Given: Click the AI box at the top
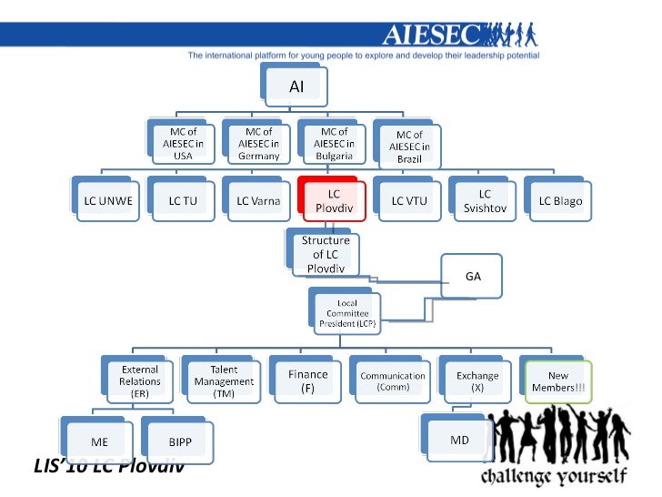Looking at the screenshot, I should coord(296,87).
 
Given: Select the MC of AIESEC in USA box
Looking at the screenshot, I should coord(183,144).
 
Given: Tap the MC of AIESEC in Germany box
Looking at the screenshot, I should coord(258,144).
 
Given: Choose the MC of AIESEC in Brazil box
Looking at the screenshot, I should coord(409,146).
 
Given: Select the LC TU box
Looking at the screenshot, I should coord(182,200).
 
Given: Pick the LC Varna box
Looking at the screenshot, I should coord(258,200).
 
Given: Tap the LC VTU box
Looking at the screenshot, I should coord(409,200).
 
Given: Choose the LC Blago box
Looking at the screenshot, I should coord(560,200).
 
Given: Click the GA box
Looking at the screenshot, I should coord(473,276).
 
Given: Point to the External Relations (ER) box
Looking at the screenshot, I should coord(139,381).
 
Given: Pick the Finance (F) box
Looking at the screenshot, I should coord(307,381).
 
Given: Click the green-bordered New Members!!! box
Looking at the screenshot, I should coord(559,381).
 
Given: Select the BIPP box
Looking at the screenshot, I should coord(180,441).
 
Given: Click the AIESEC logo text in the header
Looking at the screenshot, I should coord(435,35).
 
